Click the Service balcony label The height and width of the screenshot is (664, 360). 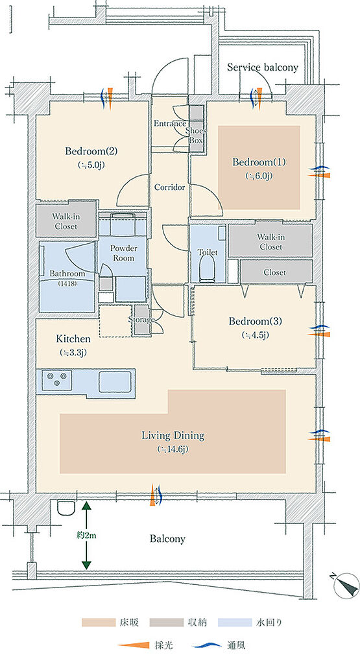click(x=262, y=67)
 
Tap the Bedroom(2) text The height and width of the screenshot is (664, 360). click(x=91, y=150)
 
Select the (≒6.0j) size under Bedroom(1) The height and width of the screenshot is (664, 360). click(x=258, y=176)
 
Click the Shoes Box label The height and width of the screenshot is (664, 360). click(x=196, y=136)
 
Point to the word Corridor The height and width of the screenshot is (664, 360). click(x=169, y=187)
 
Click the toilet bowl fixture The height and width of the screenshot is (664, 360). click(x=208, y=269)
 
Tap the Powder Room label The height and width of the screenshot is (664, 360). click(x=123, y=253)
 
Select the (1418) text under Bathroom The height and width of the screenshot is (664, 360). click(x=67, y=283)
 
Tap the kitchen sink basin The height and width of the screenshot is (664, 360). click(x=115, y=381)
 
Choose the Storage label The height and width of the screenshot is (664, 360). click(x=141, y=320)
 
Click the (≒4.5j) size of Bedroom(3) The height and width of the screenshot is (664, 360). click(x=255, y=335)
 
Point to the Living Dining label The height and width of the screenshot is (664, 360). click(x=173, y=435)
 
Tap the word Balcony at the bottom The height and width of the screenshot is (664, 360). click(x=167, y=539)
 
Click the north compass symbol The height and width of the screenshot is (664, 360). click(x=347, y=586)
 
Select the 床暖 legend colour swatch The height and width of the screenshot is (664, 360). click(x=99, y=622)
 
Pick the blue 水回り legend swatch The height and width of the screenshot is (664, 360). click(x=235, y=622)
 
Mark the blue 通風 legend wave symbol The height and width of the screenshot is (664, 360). click(x=207, y=645)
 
